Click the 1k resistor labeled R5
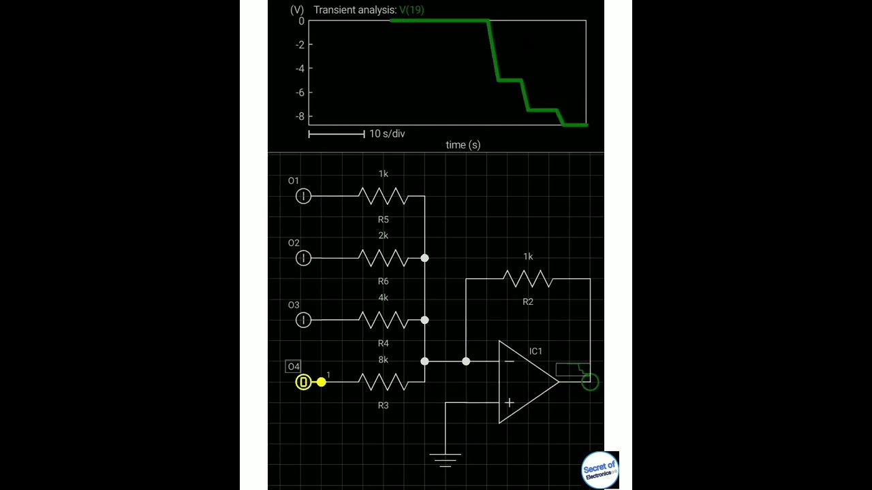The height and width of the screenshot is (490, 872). click(x=383, y=196)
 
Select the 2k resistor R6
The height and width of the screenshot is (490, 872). click(x=383, y=258)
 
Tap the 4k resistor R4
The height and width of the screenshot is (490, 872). click(x=383, y=320)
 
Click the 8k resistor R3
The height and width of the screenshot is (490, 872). click(x=383, y=382)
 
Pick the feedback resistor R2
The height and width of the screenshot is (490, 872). click(x=527, y=278)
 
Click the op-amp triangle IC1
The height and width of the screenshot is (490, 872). click(x=528, y=382)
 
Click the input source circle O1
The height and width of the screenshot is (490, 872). click(x=303, y=196)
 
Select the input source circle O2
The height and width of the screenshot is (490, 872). click(x=303, y=258)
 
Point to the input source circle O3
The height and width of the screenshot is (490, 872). click(x=303, y=320)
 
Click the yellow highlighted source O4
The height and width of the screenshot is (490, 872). click(x=303, y=382)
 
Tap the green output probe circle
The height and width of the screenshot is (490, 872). click(x=590, y=382)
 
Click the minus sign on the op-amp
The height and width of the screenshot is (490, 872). click(x=509, y=361)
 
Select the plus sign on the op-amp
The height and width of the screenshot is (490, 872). click(x=509, y=403)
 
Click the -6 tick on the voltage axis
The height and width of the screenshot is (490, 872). click(x=300, y=93)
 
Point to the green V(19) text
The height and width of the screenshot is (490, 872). click(x=411, y=10)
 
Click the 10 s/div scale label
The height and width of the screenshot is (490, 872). click(x=387, y=134)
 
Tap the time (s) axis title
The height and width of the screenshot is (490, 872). click(x=463, y=145)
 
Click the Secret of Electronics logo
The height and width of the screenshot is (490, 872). click(x=599, y=470)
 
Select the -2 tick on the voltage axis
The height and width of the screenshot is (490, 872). click(x=300, y=45)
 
